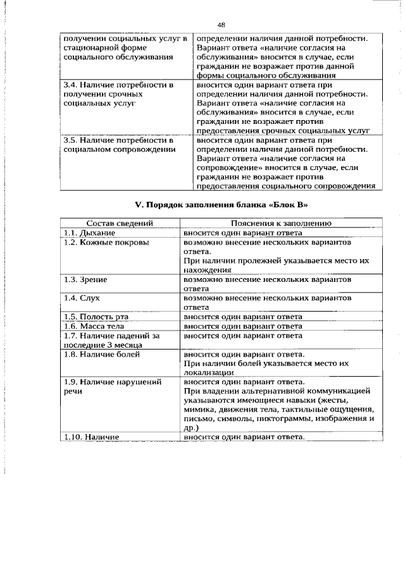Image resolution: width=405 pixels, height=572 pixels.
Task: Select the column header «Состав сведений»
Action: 120,223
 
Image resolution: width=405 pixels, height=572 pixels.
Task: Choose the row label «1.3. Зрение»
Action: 85,279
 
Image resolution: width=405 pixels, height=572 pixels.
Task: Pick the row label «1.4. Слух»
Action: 82,297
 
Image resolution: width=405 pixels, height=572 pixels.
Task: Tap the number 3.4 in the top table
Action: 71,84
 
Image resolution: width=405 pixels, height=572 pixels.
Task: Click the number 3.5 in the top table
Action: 71,140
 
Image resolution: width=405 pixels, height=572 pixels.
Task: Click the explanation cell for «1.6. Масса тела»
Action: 242,326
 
